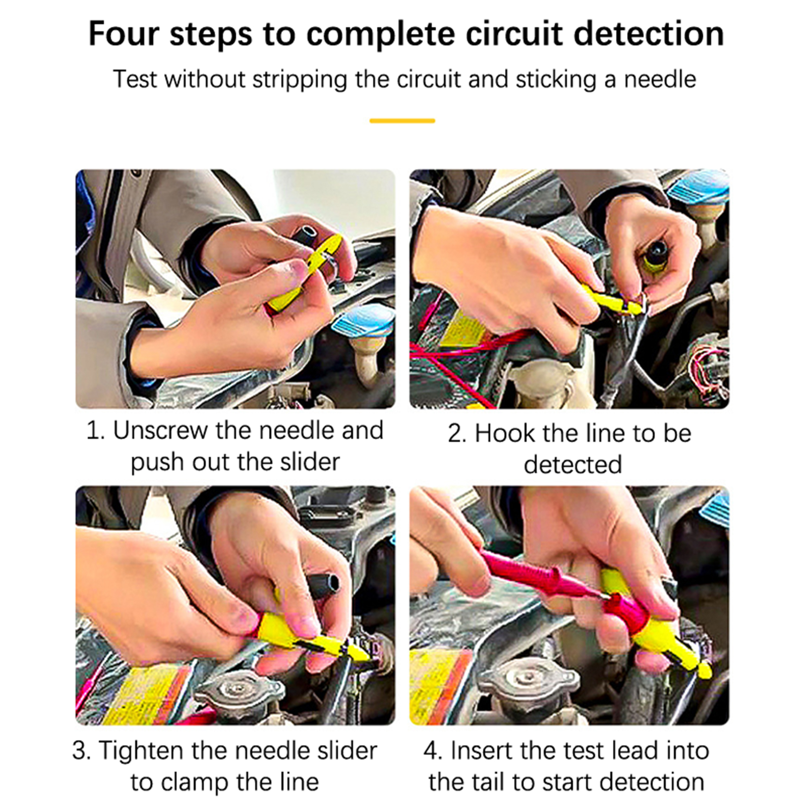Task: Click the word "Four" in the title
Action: click(x=124, y=34)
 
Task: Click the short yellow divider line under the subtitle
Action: click(x=402, y=121)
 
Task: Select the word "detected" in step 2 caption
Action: click(x=573, y=465)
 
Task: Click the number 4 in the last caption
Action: click(x=431, y=751)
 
